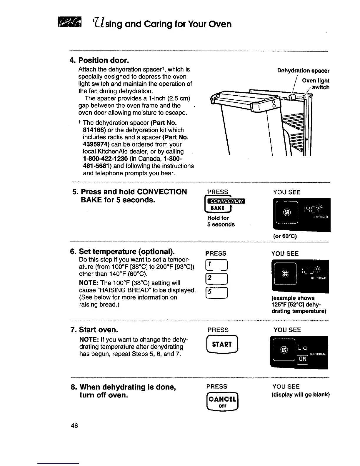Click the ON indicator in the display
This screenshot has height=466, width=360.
(x=303, y=359)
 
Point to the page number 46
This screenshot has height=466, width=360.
(x=74, y=426)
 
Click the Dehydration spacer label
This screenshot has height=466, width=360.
(x=303, y=71)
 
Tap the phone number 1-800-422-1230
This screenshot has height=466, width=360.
(x=105, y=159)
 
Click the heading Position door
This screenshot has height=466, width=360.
(x=99, y=61)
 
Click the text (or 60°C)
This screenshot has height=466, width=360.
(x=285, y=236)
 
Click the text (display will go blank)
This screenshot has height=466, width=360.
(x=300, y=395)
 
